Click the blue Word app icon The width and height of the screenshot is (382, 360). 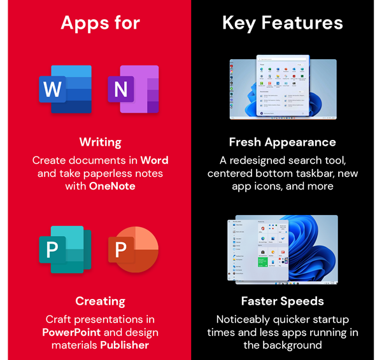point(65,89)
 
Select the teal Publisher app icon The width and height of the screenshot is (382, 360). point(65,247)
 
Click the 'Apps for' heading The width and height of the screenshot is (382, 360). point(99,24)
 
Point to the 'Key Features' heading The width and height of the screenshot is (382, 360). point(283,24)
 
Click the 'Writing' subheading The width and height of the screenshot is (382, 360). point(100,142)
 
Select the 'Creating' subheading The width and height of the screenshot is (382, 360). point(100,301)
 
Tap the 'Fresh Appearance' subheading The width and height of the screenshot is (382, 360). point(282,142)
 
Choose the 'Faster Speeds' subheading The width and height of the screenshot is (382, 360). point(282,301)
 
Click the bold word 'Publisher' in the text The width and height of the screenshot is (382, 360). point(124,345)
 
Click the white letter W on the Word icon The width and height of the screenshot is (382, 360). point(52,90)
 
